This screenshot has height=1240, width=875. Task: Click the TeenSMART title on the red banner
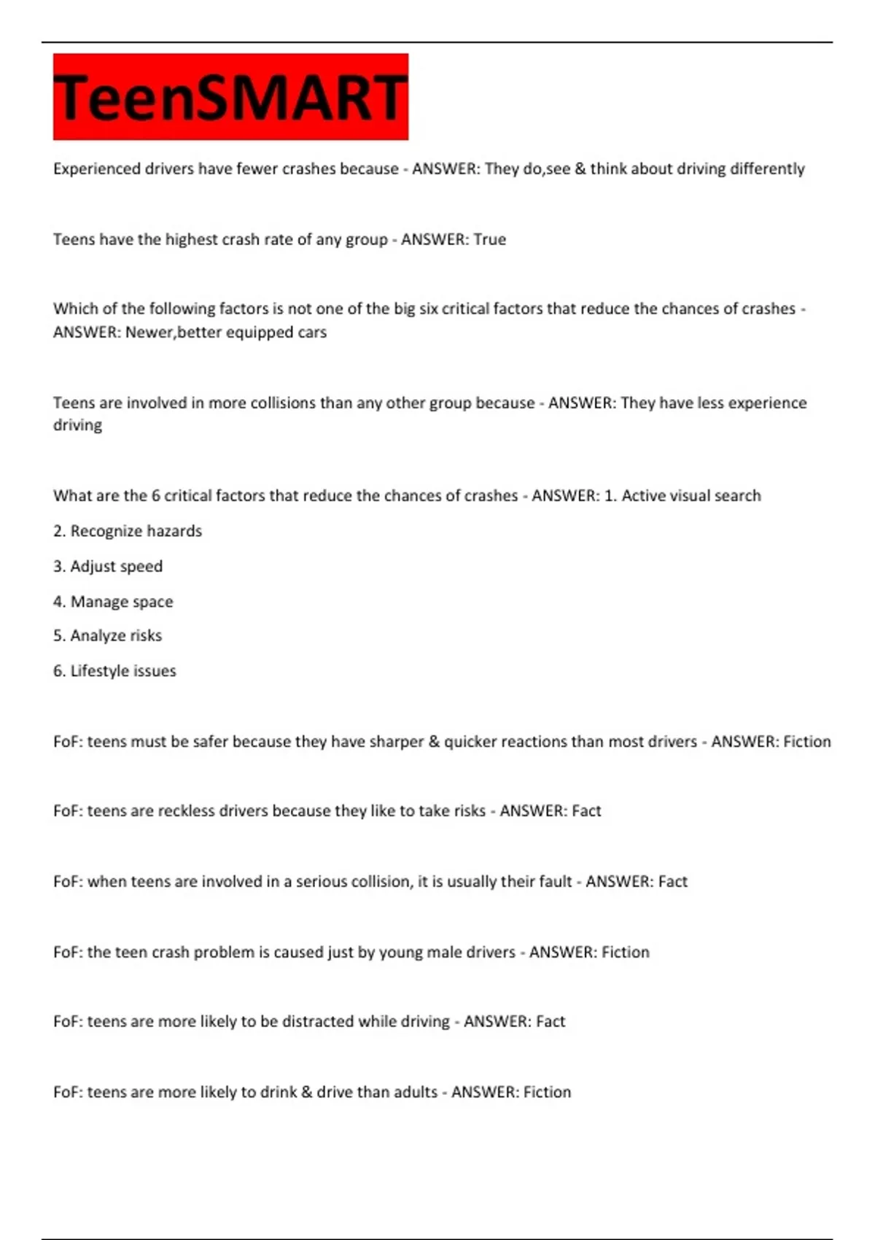tap(230, 97)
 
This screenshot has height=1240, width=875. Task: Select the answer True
tap(489, 240)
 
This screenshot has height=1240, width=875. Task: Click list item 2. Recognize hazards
tap(128, 531)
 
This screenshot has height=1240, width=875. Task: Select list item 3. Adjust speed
tap(108, 567)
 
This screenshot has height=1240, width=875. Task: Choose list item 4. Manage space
tap(113, 602)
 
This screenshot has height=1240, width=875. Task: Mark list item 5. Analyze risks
tap(107, 636)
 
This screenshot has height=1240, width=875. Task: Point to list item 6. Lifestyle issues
tap(114, 671)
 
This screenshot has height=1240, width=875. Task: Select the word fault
tap(555, 882)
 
